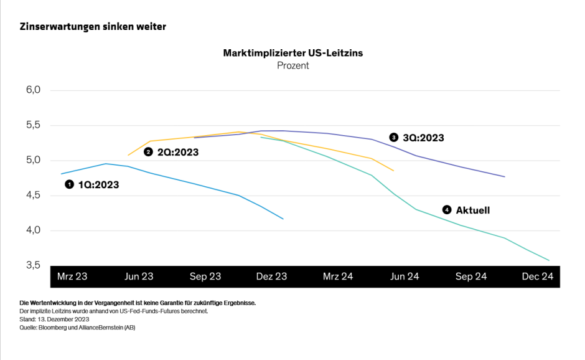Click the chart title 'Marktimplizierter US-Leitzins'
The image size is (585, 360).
(x=292, y=54)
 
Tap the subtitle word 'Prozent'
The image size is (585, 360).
(x=292, y=65)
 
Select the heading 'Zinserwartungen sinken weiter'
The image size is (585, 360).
(x=93, y=27)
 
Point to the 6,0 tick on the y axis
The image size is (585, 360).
(x=33, y=90)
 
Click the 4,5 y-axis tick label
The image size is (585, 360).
(x=33, y=196)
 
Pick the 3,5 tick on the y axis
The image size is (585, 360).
(x=33, y=266)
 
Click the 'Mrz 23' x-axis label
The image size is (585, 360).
(x=73, y=277)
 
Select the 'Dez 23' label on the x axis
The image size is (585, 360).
(x=271, y=277)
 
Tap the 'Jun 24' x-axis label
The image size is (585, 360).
(x=405, y=277)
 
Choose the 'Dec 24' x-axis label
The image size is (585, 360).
(x=537, y=277)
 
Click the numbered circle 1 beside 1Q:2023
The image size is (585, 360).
(x=70, y=184)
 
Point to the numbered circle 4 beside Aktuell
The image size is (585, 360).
(x=447, y=210)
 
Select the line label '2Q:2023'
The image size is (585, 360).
(x=177, y=152)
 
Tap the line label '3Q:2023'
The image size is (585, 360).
(x=423, y=138)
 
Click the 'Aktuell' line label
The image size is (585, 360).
(x=472, y=211)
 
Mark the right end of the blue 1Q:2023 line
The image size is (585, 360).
(x=283, y=219)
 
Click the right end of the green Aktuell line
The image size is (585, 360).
(x=549, y=260)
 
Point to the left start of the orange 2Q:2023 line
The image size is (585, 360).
(x=128, y=155)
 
